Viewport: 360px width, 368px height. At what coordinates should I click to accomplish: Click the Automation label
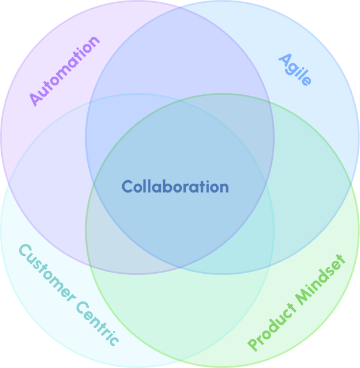[x=64, y=71]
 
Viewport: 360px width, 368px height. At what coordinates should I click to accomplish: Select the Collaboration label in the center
[x=175, y=187]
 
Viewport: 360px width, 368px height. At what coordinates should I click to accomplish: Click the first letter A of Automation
[x=36, y=99]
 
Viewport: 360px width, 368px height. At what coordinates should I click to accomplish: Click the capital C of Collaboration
[x=127, y=187]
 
